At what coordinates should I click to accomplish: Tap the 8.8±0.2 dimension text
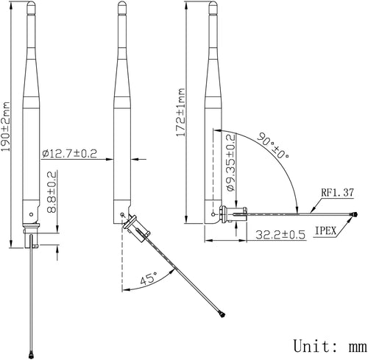click(x=51, y=193)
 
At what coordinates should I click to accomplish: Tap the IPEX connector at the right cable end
click(x=354, y=216)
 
